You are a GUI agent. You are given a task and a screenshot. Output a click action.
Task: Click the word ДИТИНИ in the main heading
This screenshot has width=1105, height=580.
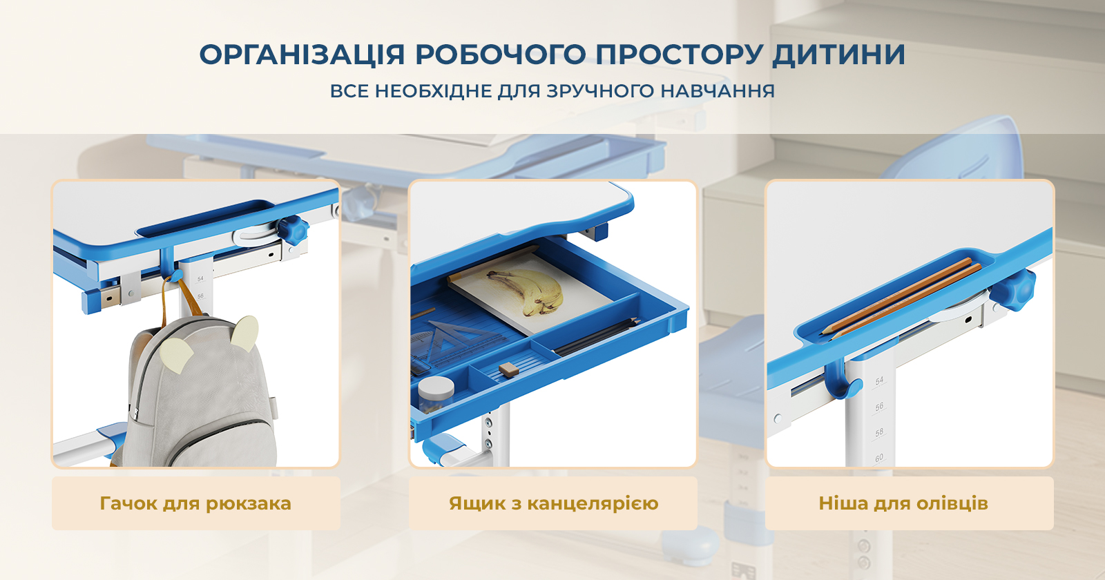838,55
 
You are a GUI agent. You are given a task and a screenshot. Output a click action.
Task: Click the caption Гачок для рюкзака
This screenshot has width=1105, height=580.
195,503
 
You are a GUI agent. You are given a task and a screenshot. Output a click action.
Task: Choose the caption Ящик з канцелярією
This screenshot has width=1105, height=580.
553,503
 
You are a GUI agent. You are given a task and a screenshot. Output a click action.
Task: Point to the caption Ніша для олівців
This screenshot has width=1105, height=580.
903,503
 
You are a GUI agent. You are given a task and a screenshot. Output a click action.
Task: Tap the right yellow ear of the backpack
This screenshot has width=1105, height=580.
244,333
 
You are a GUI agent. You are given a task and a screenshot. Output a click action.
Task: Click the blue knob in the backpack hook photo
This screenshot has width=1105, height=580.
292,230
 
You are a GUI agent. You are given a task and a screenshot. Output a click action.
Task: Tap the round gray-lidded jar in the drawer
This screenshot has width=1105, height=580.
436,394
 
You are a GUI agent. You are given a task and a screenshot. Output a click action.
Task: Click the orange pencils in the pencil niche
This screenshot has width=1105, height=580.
901,299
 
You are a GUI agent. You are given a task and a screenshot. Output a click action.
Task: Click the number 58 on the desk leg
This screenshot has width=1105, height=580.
879,432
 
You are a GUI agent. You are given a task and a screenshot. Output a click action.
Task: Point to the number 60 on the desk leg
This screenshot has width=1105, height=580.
879,458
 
